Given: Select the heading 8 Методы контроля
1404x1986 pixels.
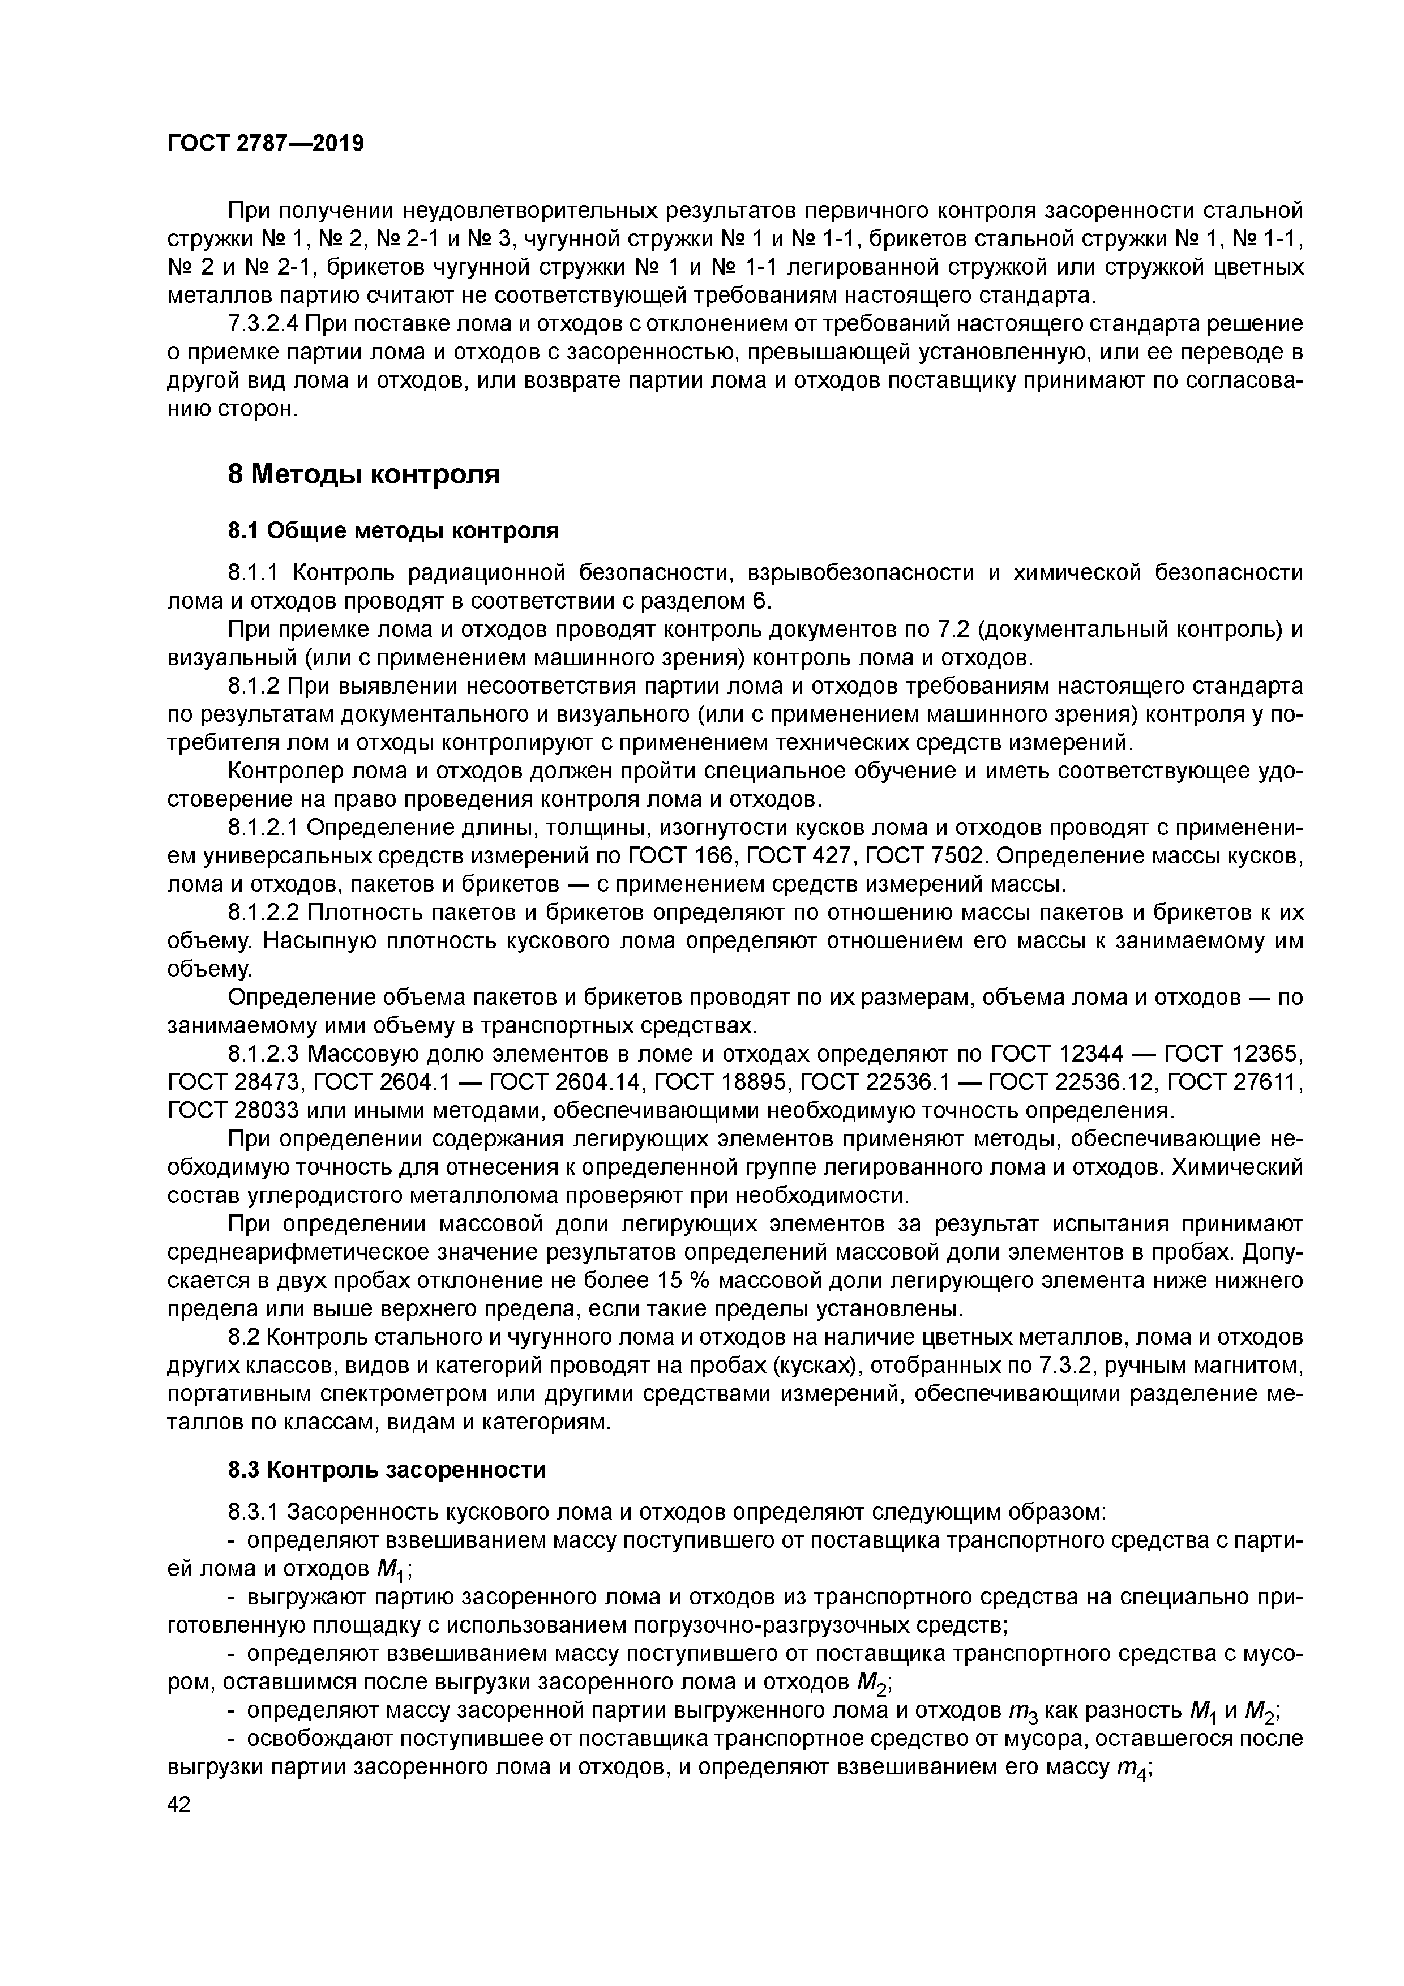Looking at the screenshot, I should (x=363, y=475).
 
